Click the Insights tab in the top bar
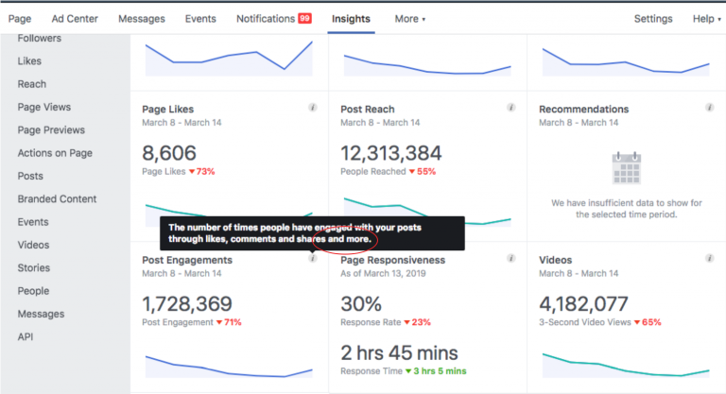[x=351, y=19]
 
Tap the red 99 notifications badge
[x=304, y=19]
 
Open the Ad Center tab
[x=75, y=19]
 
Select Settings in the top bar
[x=653, y=19]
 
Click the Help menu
[x=704, y=19]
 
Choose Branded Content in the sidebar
[x=57, y=198]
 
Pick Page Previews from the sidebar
[x=51, y=130]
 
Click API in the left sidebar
[x=26, y=336]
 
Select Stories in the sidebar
[x=34, y=267]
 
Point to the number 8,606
[x=168, y=152]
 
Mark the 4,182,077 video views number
[x=583, y=303]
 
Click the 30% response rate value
[x=361, y=303]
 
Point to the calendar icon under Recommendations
[x=627, y=168]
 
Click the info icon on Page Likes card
[x=313, y=109]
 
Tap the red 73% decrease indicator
[x=202, y=171]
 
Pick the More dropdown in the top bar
[x=409, y=19]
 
